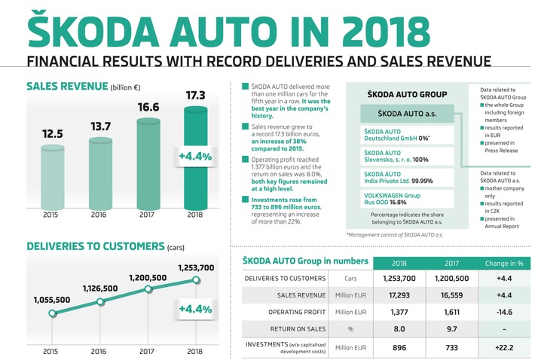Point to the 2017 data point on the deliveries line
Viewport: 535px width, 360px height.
148,291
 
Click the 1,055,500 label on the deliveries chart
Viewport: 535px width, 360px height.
52,300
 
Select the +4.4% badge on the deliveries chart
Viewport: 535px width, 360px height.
195,308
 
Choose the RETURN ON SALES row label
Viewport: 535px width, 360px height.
279,328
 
